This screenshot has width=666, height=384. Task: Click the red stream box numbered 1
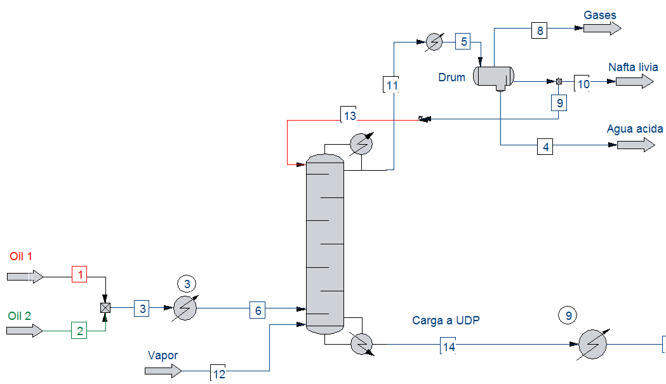click(x=79, y=274)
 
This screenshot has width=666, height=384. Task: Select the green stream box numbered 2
click(x=79, y=331)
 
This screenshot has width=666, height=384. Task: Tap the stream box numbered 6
click(x=257, y=310)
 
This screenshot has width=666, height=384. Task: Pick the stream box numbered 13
click(x=349, y=115)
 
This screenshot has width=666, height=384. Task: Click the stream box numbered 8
click(x=540, y=30)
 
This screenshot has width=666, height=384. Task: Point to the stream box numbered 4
click(x=545, y=147)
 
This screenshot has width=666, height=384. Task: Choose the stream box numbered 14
click(x=448, y=345)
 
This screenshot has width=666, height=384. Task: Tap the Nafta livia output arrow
click(x=634, y=81)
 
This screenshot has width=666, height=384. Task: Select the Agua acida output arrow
click(x=636, y=145)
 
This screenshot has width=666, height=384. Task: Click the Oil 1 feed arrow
click(x=25, y=277)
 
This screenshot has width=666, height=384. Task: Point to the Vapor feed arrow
click(x=164, y=371)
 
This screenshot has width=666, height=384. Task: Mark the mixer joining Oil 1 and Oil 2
click(x=105, y=308)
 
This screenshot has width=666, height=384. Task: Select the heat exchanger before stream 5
click(x=434, y=42)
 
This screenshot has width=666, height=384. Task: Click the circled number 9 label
click(x=568, y=315)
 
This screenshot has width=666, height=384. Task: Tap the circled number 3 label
click(x=187, y=284)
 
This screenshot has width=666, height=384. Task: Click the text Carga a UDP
click(x=446, y=321)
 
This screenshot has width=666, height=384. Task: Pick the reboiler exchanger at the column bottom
click(x=362, y=343)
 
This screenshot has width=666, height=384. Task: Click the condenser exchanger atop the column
click(x=361, y=143)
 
